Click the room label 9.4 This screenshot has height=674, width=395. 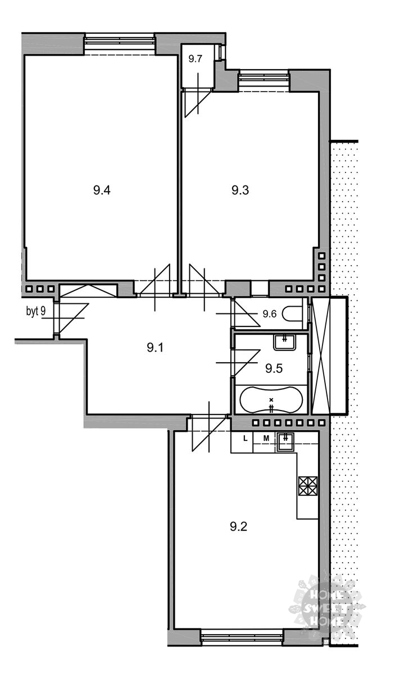click(x=102, y=190)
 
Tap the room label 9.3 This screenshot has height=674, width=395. click(x=240, y=190)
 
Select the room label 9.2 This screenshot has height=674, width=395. click(x=238, y=527)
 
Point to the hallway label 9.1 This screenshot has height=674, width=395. click(x=155, y=348)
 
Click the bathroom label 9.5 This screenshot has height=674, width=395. click(x=274, y=368)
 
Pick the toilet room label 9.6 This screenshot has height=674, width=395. click(x=270, y=314)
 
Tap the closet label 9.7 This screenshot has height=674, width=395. click(x=195, y=59)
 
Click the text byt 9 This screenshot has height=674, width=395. click(x=36, y=311)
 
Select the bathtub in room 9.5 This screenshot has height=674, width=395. click(x=271, y=399)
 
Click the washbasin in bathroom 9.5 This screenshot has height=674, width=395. click(x=285, y=343)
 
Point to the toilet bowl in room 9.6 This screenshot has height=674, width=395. click(x=292, y=314)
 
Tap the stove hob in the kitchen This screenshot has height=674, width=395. click(x=308, y=486)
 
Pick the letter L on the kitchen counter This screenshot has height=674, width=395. click(x=246, y=439)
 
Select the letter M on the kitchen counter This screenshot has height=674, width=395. click(x=266, y=439)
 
